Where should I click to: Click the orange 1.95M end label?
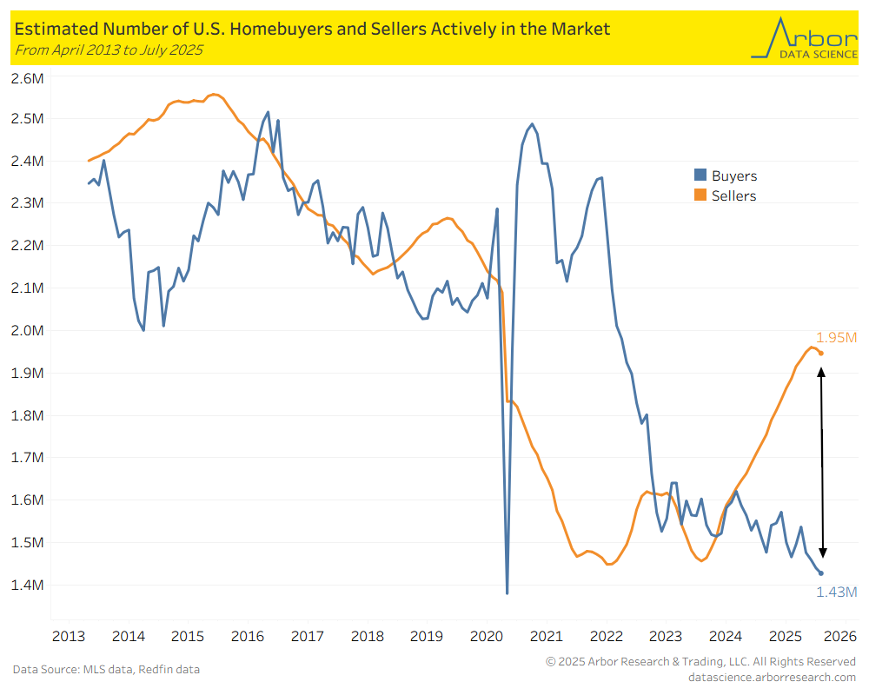pyautogui.click(x=836, y=337)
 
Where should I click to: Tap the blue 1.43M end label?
pyautogui.click(x=836, y=592)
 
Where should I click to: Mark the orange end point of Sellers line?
pyautogui.click(x=821, y=353)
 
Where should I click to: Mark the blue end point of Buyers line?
pyautogui.click(x=821, y=573)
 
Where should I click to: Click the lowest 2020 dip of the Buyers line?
pyautogui.click(x=507, y=593)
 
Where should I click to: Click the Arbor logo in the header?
pyautogui.click(x=802, y=37)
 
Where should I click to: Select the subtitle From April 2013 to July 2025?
pyautogui.click(x=109, y=50)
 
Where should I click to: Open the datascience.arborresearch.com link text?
pyautogui.click(x=772, y=677)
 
